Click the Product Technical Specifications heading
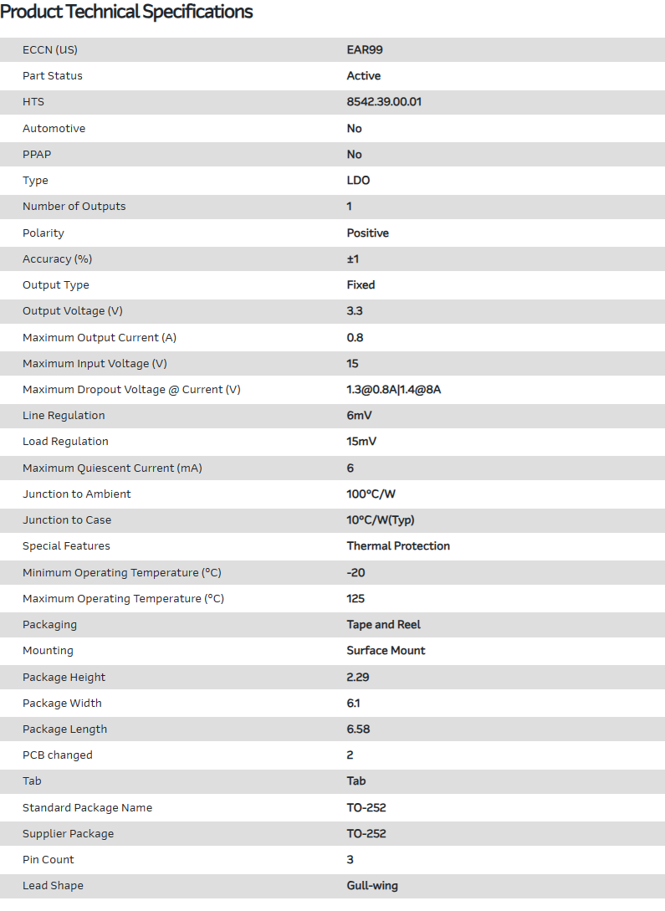tap(126, 12)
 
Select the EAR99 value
tap(365, 49)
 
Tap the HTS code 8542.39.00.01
tap(384, 102)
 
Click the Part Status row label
tap(53, 76)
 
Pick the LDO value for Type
tap(358, 181)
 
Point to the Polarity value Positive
tap(367, 233)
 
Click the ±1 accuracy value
tap(353, 259)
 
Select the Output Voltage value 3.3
tap(355, 311)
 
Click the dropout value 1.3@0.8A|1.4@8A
tap(393, 390)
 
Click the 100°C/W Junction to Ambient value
tap(371, 494)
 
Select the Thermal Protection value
tap(398, 546)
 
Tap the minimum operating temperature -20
tap(356, 573)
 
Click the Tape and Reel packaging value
tap(383, 625)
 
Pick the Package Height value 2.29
tap(358, 678)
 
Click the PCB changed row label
tap(58, 755)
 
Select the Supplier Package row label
tap(68, 834)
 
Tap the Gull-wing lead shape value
tap(372, 886)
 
